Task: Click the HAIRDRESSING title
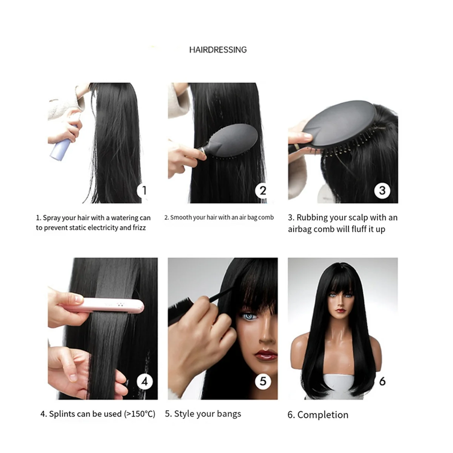pos(218,49)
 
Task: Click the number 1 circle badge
pos(143,190)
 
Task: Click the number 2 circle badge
pos(263,190)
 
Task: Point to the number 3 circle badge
pos(382,190)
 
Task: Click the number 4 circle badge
pos(144,381)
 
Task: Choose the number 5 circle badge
pos(263,381)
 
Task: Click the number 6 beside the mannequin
pos(382,381)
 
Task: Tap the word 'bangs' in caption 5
pos(228,414)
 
